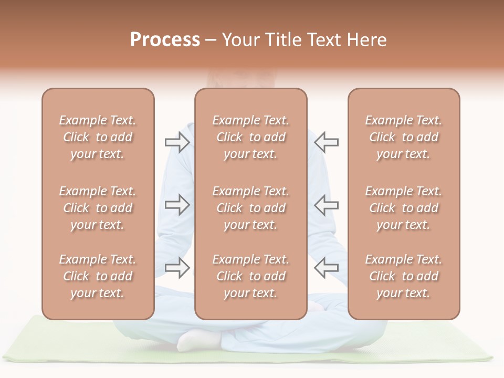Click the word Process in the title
[x=165, y=40]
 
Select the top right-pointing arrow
[x=177, y=142]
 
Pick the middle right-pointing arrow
[x=177, y=205]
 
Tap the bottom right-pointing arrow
[x=177, y=268]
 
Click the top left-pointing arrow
[x=327, y=142]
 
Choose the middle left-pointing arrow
[x=327, y=205]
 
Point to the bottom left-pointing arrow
[x=327, y=268]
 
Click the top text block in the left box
[x=98, y=137]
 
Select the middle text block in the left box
[x=98, y=208]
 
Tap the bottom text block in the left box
[x=98, y=276]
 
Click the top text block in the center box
[x=250, y=137]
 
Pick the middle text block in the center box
[x=250, y=208]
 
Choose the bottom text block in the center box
[x=250, y=276]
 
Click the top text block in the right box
[x=403, y=137]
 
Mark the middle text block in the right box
[x=403, y=208]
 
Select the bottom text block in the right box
[x=403, y=276]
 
